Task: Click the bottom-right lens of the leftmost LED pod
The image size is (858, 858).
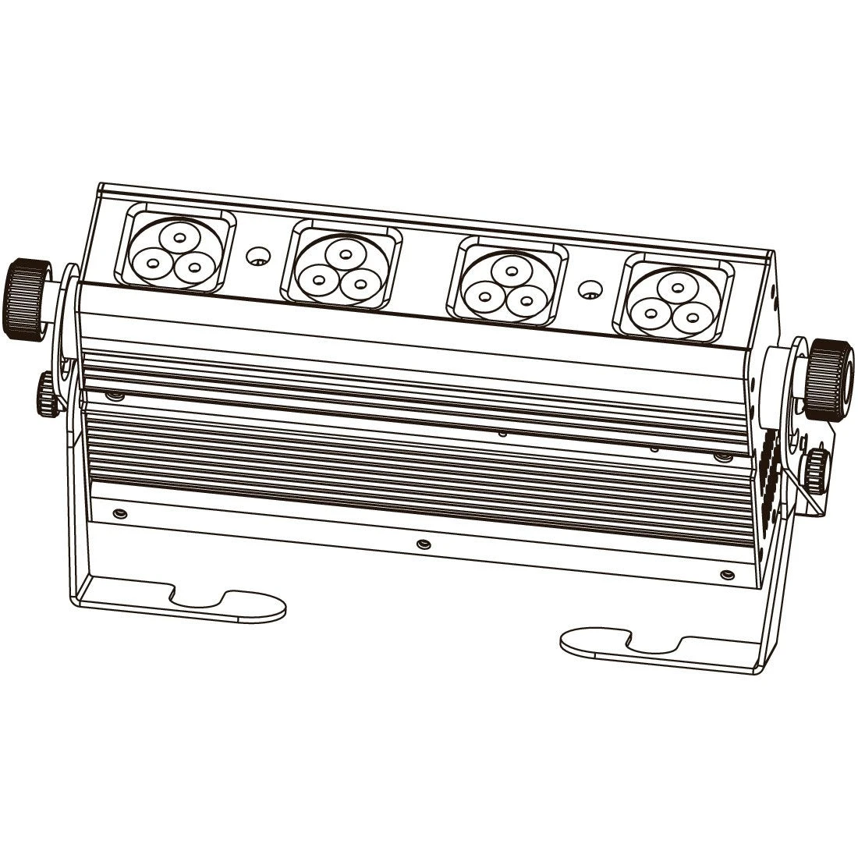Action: point(190,268)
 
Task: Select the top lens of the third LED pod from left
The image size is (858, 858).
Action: point(510,269)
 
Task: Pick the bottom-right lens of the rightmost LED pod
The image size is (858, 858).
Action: point(688,316)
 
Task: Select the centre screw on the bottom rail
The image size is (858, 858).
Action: point(422,542)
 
